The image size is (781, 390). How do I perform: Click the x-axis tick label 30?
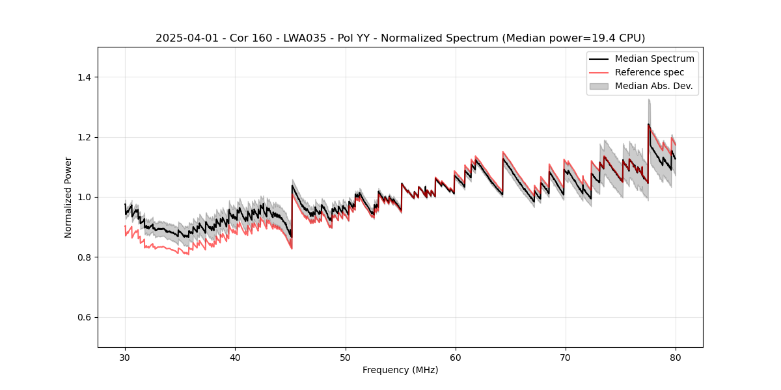click(x=125, y=357)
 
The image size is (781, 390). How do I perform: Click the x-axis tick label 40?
click(x=235, y=357)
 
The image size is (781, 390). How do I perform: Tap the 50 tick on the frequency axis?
click(x=345, y=357)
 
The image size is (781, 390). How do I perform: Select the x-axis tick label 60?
click(x=455, y=357)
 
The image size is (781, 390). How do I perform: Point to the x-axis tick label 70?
click(x=565, y=357)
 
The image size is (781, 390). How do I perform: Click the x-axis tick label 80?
click(x=675, y=357)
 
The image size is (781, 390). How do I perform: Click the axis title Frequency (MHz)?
click(x=400, y=370)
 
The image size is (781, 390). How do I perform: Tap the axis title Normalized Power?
click(x=68, y=197)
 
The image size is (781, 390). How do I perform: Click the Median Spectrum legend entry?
click(x=654, y=58)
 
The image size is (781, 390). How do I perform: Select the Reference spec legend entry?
click(x=649, y=72)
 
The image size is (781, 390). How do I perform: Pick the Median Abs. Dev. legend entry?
click(x=653, y=86)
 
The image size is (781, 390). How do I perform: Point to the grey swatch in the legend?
click(x=599, y=86)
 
